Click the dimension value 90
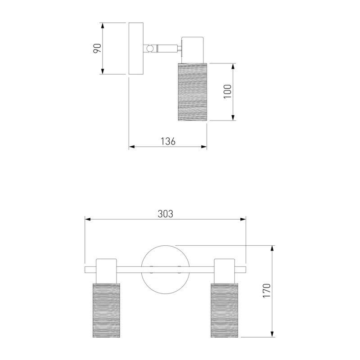point(97,48)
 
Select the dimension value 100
point(228,92)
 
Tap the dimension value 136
point(168,141)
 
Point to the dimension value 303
point(165,214)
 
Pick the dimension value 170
point(266,291)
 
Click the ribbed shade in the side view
point(193,92)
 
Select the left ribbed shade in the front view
point(106,310)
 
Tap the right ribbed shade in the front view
point(224,310)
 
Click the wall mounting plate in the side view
point(136,49)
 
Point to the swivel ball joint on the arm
point(150,49)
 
